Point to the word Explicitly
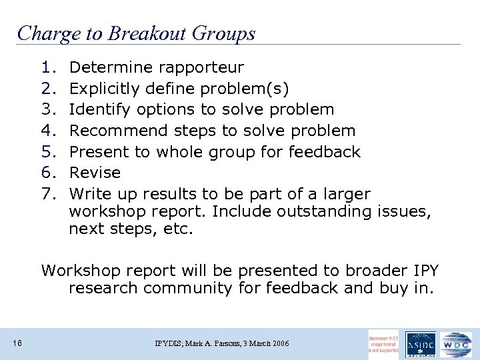[x=103, y=89]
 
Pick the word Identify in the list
[x=98, y=109]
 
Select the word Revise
[x=95, y=173]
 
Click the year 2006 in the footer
[x=279, y=343]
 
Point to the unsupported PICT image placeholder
[x=384, y=343]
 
